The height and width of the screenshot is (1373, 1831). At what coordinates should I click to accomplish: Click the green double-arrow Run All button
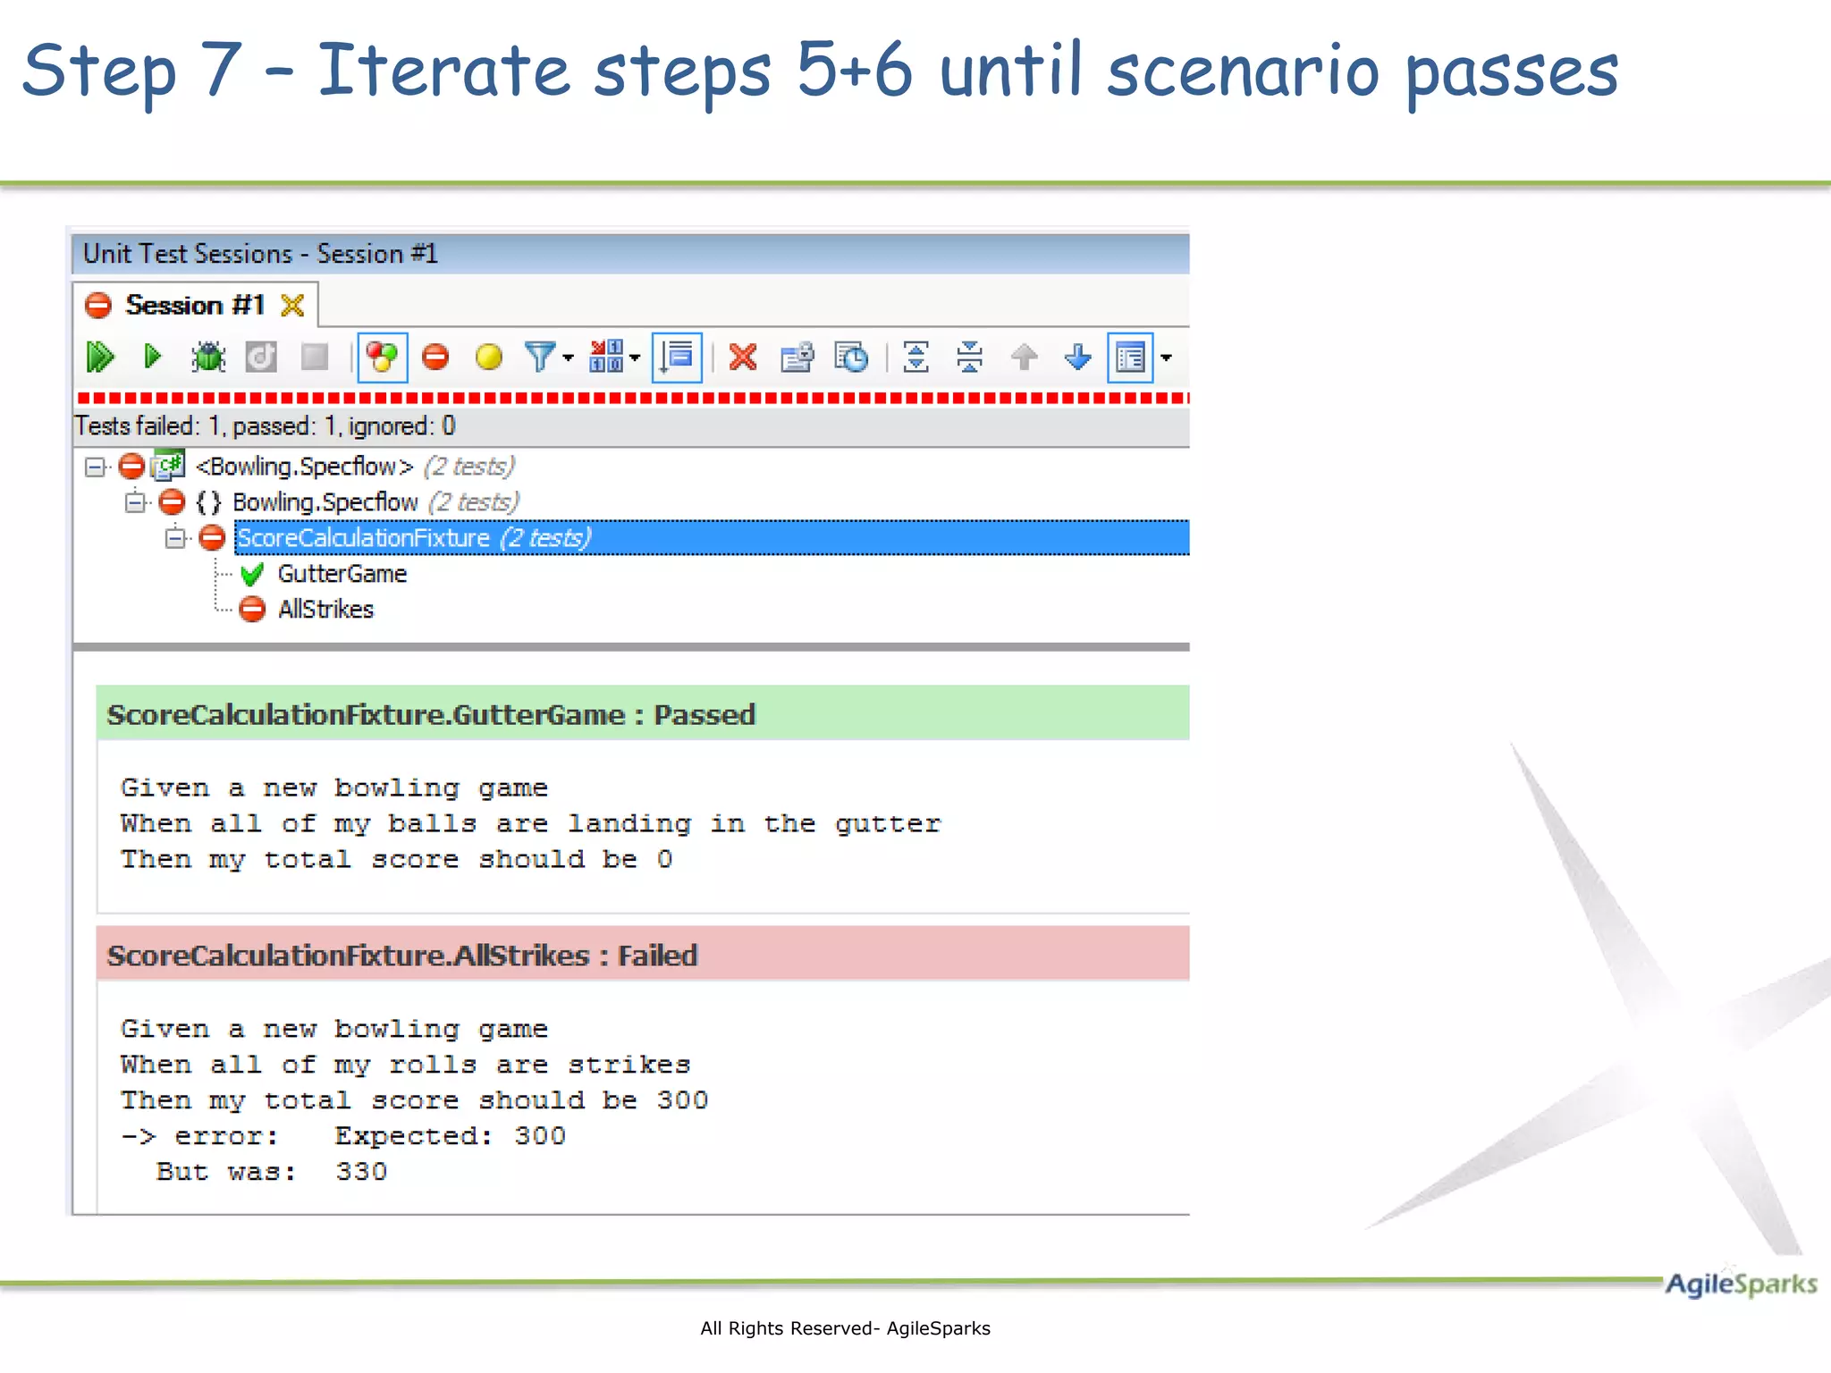[100, 358]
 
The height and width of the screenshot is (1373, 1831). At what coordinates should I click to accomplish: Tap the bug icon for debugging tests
[208, 358]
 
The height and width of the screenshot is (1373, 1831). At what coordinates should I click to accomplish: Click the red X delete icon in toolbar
[743, 358]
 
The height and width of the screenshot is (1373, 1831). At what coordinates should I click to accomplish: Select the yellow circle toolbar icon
[489, 358]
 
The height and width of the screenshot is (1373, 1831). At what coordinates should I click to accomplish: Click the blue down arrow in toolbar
[1078, 358]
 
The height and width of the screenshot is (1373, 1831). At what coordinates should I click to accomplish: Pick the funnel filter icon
[541, 357]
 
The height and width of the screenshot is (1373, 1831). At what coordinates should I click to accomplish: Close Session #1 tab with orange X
[292, 306]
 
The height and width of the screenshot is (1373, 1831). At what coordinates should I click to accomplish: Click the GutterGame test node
[342, 574]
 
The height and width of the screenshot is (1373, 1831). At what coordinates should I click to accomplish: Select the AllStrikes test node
[325, 610]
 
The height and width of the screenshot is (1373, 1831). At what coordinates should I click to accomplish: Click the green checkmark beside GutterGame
[252, 574]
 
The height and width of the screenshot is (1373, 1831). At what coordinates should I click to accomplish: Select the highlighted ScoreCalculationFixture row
[411, 538]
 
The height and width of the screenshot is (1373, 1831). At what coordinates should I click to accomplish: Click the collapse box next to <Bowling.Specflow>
[95, 467]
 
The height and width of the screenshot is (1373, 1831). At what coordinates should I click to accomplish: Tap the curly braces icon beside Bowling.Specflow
[208, 502]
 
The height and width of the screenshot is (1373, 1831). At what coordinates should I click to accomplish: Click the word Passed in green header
[705, 715]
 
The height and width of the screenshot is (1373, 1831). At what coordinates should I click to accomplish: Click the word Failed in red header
[657, 956]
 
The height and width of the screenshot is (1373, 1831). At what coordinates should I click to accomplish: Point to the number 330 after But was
[361, 1172]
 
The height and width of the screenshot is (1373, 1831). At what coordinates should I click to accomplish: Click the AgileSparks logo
[1740, 1285]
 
